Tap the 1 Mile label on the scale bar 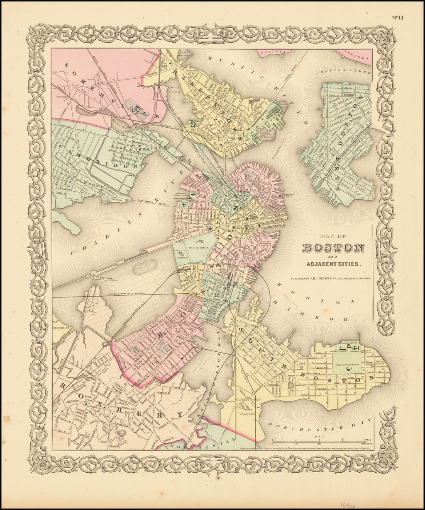[x=366, y=440]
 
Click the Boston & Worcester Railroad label [x=126, y=293]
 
